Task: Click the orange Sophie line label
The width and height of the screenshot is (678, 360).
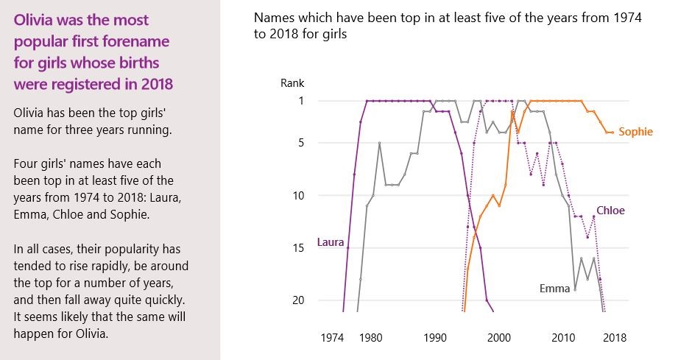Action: point(635,133)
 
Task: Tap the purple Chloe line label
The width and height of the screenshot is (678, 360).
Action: point(610,211)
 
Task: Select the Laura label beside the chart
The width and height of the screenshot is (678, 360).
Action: point(331,241)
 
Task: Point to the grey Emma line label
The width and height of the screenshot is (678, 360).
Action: point(554,289)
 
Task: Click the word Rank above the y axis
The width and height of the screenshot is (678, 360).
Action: point(292,83)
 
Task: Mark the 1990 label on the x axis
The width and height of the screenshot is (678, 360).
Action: point(434,338)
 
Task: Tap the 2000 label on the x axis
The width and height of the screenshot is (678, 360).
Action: point(498,338)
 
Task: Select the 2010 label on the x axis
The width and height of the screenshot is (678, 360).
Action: point(563,338)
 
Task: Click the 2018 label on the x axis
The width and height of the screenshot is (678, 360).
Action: point(614,338)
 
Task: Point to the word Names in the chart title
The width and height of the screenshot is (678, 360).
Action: point(272,18)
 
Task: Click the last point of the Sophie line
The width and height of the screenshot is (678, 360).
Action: point(612,133)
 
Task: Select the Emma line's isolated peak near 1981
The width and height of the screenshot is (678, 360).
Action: point(380,143)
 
